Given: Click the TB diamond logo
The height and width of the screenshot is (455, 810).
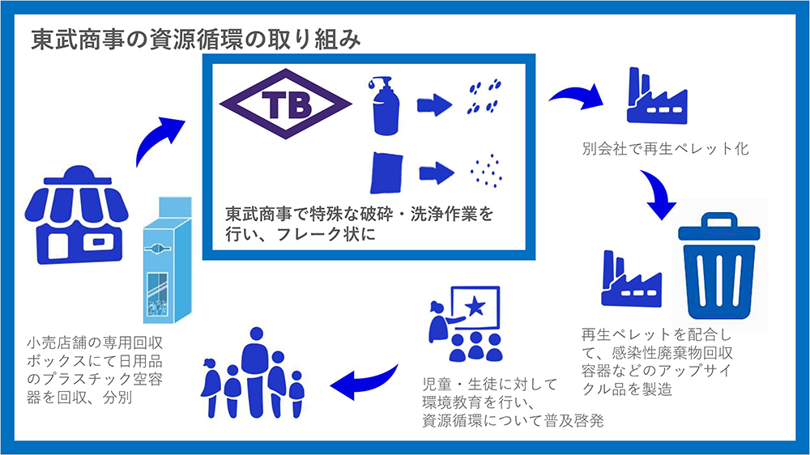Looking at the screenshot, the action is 286,104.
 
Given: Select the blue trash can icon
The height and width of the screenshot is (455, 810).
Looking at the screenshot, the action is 719,266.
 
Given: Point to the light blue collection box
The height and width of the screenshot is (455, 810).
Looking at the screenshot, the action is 168,260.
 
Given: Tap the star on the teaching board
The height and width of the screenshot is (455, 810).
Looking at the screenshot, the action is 475,307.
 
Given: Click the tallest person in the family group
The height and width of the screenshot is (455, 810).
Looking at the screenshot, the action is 255,372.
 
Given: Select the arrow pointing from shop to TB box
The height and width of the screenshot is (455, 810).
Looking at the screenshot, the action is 155,137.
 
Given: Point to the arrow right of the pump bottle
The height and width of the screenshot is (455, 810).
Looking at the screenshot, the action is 434,104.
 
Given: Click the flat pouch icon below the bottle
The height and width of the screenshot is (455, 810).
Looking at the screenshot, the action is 386,172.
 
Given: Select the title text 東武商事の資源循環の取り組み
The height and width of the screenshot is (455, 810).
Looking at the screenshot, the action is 196,40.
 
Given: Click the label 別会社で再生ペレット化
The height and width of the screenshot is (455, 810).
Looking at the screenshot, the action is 665,149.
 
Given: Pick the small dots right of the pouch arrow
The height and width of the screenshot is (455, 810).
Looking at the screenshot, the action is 486,171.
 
